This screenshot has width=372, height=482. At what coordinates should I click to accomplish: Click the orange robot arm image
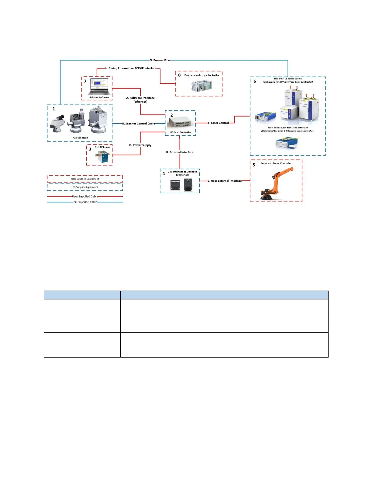pyautogui.click(x=275, y=184)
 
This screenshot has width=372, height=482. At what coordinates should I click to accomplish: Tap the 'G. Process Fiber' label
pyautogui.click(x=160, y=60)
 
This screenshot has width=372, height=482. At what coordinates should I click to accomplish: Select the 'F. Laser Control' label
pyautogui.click(x=219, y=123)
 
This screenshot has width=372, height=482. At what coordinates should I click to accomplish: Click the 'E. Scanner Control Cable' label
pyautogui.click(x=139, y=124)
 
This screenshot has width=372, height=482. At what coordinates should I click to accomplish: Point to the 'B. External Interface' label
pyautogui.click(x=180, y=152)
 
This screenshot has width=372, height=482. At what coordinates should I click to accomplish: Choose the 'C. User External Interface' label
pyautogui.click(x=225, y=181)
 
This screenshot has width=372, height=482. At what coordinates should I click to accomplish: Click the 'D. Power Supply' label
pyautogui.click(x=140, y=145)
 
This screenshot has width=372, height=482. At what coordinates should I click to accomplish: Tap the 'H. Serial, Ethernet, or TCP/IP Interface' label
pyautogui.click(x=131, y=68)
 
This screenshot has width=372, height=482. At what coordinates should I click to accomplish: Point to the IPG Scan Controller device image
pyautogui.click(x=180, y=122)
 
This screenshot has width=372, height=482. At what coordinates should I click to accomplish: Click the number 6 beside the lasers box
pyautogui.click(x=255, y=81)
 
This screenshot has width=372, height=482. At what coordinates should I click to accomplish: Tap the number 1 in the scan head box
pyautogui.click(x=54, y=109)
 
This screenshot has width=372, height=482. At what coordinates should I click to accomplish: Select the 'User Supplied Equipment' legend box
pyautogui.click(x=85, y=179)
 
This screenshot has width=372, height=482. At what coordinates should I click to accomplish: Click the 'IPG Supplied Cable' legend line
pyautogui.click(x=85, y=202)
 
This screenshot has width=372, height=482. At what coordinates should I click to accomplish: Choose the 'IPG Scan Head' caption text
pyautogui.click(x=80, y=138)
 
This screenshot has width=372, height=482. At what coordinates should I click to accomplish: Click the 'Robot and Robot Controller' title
pyautogui.click(x=276, y=163)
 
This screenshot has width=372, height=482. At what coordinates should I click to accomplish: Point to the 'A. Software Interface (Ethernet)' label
pyautogui.click(x=140, y=100)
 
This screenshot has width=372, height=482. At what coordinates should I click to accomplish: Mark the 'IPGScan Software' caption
pyautogui.click(x=99, y=98)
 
